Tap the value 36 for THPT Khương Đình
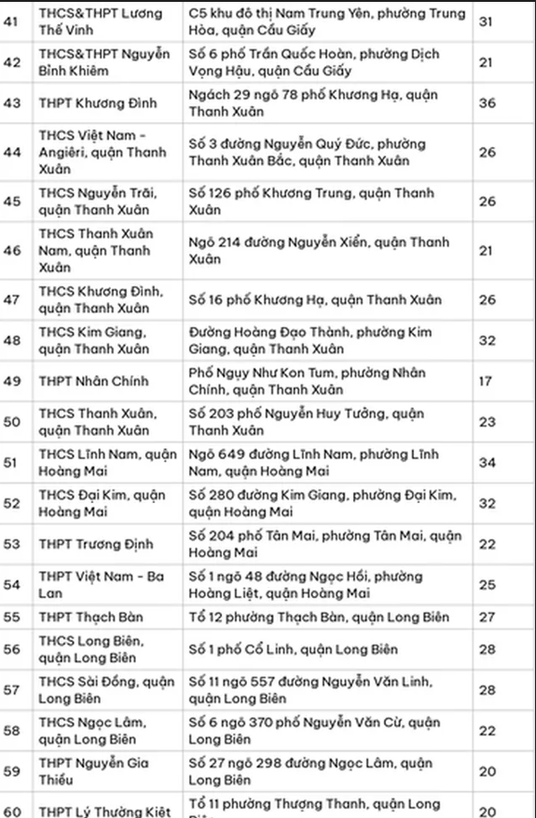tap(487, 103)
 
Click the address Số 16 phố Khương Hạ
tap(302, 300)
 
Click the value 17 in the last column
tap(487, 381)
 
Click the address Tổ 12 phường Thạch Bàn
tap(319, 617)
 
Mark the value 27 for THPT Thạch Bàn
tap(487, 617)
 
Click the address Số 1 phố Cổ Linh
tap(280, 649)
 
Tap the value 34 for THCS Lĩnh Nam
tap(487, 462)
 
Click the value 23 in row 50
tap(487, 421)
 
